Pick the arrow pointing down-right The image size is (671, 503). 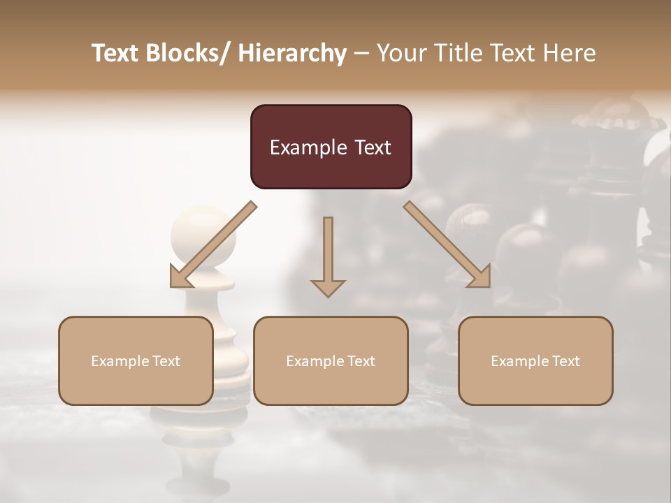click(x=448, y=245)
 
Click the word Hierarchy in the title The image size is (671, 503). click(x=292, y=53)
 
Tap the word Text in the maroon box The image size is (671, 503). click(x=373, y=147)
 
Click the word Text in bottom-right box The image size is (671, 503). click(x=565, y=361)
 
